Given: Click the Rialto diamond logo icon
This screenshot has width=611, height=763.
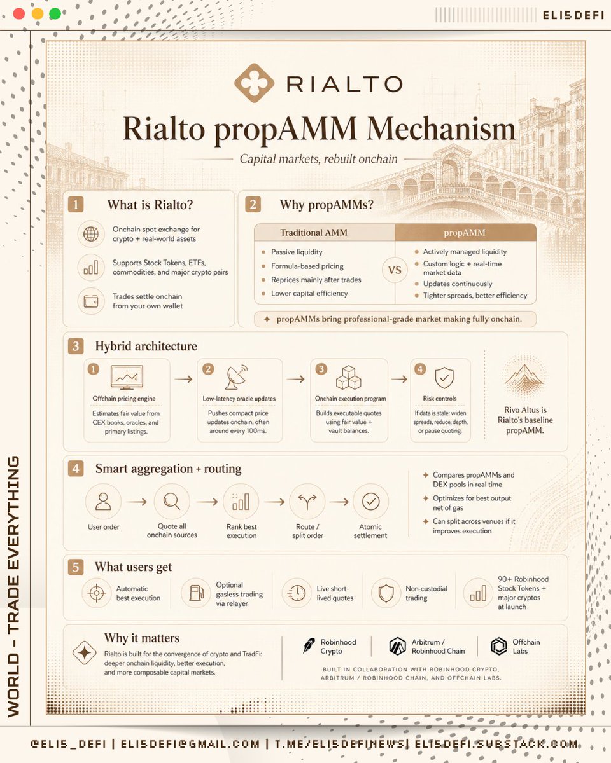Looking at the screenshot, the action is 254,83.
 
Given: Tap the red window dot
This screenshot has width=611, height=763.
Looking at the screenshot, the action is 19,14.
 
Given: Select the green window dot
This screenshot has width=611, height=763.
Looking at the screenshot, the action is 55,14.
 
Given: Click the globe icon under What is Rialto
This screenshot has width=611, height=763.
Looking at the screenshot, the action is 91,234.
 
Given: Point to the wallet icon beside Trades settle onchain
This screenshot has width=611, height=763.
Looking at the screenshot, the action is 91,301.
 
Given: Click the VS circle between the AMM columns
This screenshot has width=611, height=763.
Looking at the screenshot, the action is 395,270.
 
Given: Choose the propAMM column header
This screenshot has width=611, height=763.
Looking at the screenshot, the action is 465,233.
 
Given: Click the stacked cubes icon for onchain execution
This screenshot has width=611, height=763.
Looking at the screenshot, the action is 349,377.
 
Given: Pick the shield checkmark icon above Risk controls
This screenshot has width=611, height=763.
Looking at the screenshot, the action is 444,378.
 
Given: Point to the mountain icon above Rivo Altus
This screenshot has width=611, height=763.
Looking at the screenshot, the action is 524,376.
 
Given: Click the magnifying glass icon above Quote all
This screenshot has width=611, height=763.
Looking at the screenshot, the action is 171,502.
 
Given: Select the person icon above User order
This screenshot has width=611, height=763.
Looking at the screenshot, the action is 103,502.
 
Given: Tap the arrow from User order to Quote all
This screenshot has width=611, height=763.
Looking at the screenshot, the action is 137,502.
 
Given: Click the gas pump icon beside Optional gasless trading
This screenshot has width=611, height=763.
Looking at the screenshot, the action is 196,593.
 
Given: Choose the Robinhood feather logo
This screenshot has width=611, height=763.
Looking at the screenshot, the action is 309,645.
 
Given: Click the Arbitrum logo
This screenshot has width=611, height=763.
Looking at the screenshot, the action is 397,645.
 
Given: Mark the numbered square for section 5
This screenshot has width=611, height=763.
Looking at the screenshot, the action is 76,567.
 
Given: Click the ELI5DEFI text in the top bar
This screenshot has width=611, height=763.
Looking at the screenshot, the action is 573,15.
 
